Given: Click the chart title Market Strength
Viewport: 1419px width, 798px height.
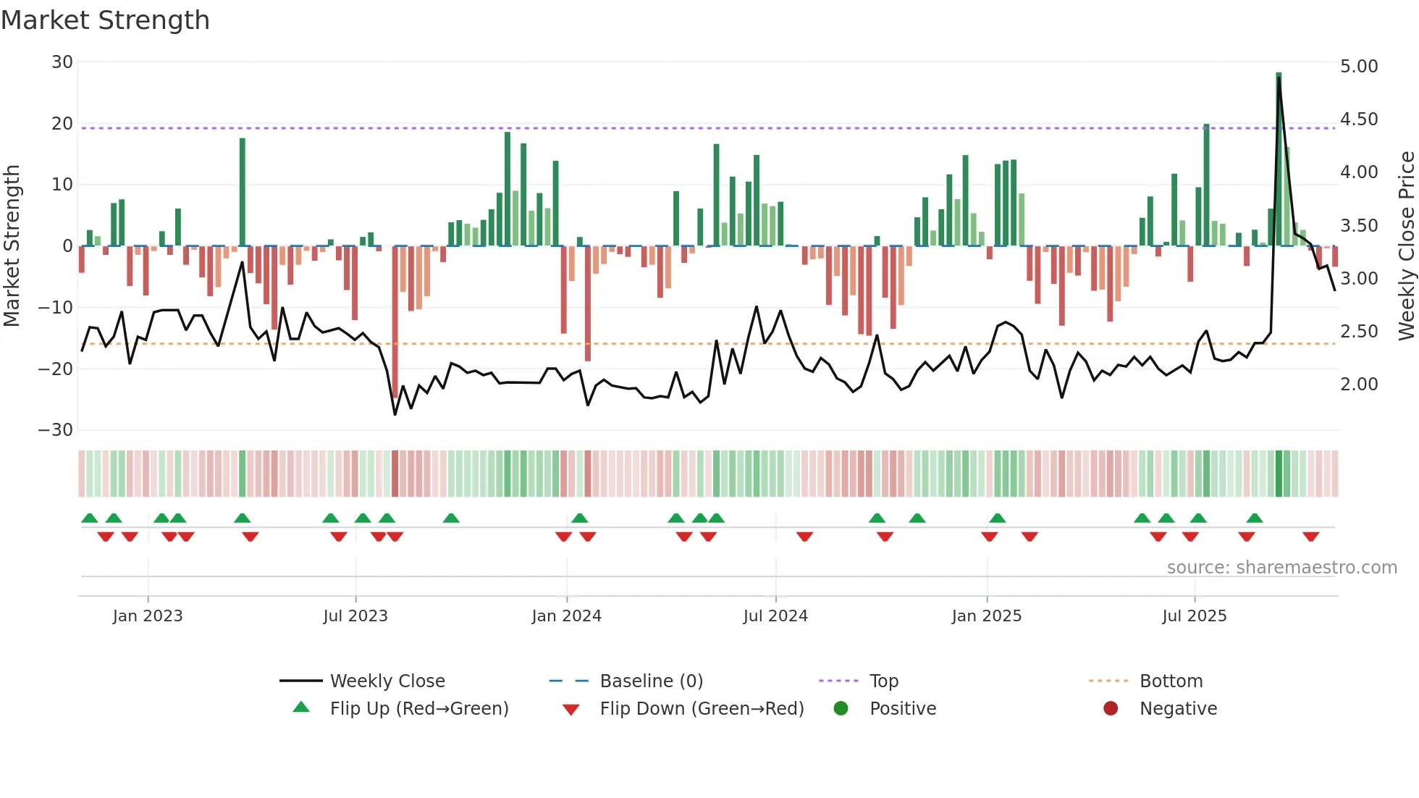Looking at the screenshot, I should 105,20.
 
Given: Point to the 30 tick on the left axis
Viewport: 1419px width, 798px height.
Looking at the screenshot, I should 62,62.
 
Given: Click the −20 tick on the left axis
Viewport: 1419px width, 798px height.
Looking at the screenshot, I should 56,369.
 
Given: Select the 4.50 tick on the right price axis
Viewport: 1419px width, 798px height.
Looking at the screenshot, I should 1359,119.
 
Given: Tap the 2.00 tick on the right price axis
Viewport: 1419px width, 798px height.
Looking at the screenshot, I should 1359,385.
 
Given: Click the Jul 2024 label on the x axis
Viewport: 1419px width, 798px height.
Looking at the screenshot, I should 775,616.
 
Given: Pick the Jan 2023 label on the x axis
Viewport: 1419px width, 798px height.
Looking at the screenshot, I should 148,616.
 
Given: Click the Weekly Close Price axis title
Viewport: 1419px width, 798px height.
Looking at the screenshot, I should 1406,245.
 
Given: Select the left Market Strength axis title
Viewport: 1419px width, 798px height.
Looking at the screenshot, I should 12,245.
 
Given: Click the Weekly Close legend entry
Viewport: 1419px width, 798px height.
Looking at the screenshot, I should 387,681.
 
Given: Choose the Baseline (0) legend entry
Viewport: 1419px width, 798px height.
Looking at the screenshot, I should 651,681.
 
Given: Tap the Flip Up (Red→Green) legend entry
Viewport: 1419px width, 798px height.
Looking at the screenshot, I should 418,709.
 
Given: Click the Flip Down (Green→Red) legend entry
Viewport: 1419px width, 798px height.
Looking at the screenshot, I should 701,709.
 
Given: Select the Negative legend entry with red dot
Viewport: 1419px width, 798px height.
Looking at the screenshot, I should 1177,709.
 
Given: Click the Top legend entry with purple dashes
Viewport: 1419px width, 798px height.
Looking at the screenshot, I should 883,681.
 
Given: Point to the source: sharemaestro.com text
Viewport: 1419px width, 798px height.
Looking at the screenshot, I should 1281,568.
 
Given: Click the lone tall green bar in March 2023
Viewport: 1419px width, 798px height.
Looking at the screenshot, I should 243,192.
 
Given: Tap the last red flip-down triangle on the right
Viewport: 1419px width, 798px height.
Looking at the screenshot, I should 1310,537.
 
